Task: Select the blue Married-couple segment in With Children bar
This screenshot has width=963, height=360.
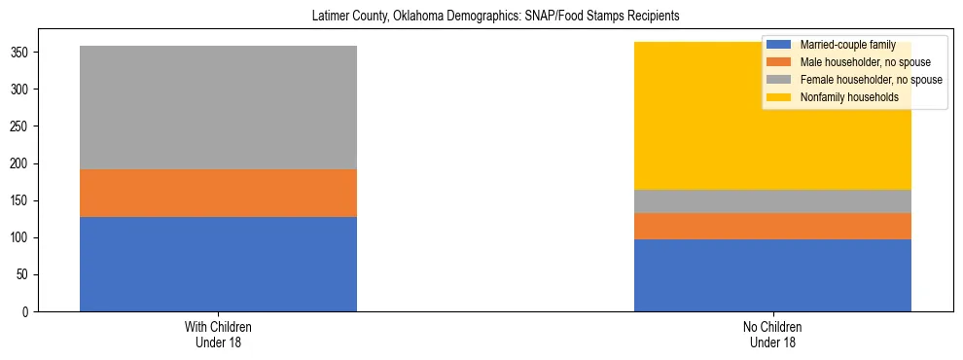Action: pyautogui.click(x=218, y=264)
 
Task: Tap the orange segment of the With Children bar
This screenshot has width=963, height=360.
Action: pyautogui.click(x=218, y=193)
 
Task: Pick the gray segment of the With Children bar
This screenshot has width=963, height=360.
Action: pyautogui.click(x=218, y=107)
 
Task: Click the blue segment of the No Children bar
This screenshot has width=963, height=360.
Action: pyautogui.click(x=772, y=275)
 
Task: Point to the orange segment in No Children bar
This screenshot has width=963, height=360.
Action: pyautogui.click(x=772, y=226)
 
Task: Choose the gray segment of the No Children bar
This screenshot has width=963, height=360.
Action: pyautogui.click(x=772, y=201)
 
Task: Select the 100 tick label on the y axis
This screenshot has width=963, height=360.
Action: pyautogui.click(x=21, y=237)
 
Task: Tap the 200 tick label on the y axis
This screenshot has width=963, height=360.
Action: pyautogui.click(x=21, y=163)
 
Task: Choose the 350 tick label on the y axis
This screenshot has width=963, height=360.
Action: pyautogui.click(x=21, y=53)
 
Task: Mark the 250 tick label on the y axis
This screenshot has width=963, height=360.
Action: pyautogui.click(x=21, y=126)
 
